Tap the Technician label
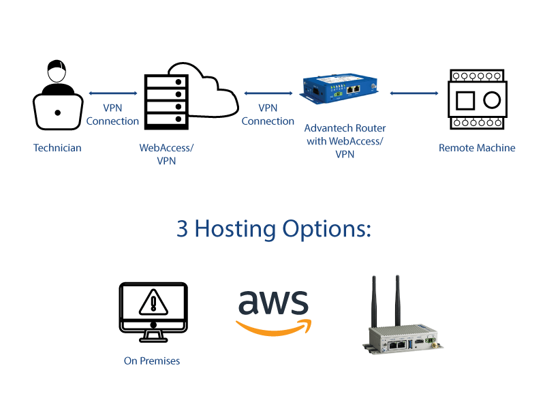57,148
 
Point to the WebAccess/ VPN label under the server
166,154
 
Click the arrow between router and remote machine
414,93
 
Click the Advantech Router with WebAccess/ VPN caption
344,141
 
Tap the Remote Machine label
477,148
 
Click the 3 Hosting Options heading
273,229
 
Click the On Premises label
152,361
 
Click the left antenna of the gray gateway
374,300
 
